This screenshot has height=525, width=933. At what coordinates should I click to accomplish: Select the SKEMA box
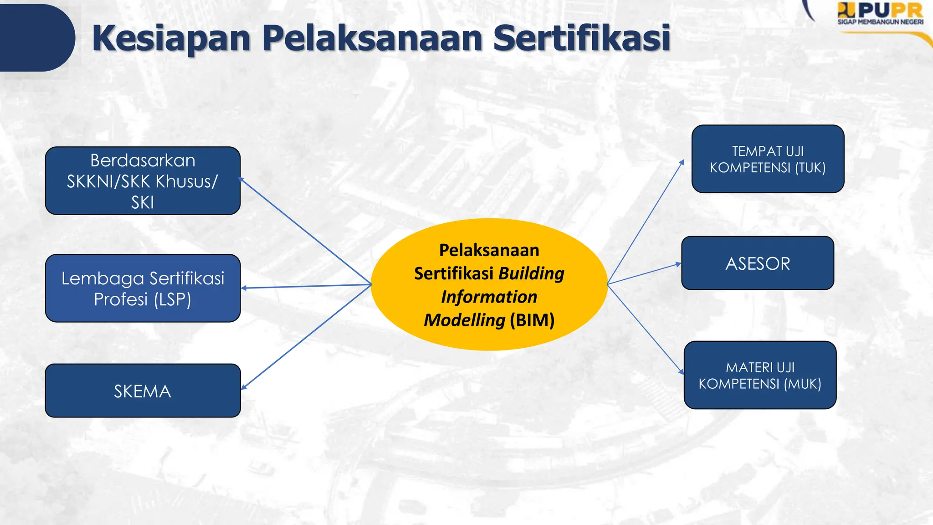[x=143, y=391]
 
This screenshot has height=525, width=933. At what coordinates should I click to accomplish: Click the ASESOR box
[x=758, y=263]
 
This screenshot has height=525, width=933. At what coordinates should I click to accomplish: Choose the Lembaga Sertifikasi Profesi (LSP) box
[x=143, y=288]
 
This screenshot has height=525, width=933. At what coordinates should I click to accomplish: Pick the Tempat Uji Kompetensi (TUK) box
[x=768, y=159]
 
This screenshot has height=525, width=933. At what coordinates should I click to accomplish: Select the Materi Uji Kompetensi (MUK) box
[x=760, y=375]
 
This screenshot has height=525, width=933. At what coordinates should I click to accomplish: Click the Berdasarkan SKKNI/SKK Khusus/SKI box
[x=143, y=181]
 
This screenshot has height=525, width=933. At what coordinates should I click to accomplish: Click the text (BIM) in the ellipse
[x=532, y=320]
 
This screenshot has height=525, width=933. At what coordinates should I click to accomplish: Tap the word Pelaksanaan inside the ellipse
[x=489, y=250]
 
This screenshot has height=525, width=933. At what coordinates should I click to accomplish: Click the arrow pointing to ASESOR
[x=645, y=274]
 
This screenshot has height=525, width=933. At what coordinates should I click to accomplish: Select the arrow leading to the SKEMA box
[x=305, y=337]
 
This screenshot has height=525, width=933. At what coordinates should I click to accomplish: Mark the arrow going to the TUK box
[x=646, y=221]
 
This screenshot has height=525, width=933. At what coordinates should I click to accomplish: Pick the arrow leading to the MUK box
[x=646, y=329]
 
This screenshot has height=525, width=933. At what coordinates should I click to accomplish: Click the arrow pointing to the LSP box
[x=305, y=286]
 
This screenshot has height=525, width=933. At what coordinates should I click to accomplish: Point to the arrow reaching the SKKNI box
[x=305, y=232]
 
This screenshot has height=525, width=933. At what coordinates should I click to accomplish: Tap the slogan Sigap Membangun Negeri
[x=880, y=22]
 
